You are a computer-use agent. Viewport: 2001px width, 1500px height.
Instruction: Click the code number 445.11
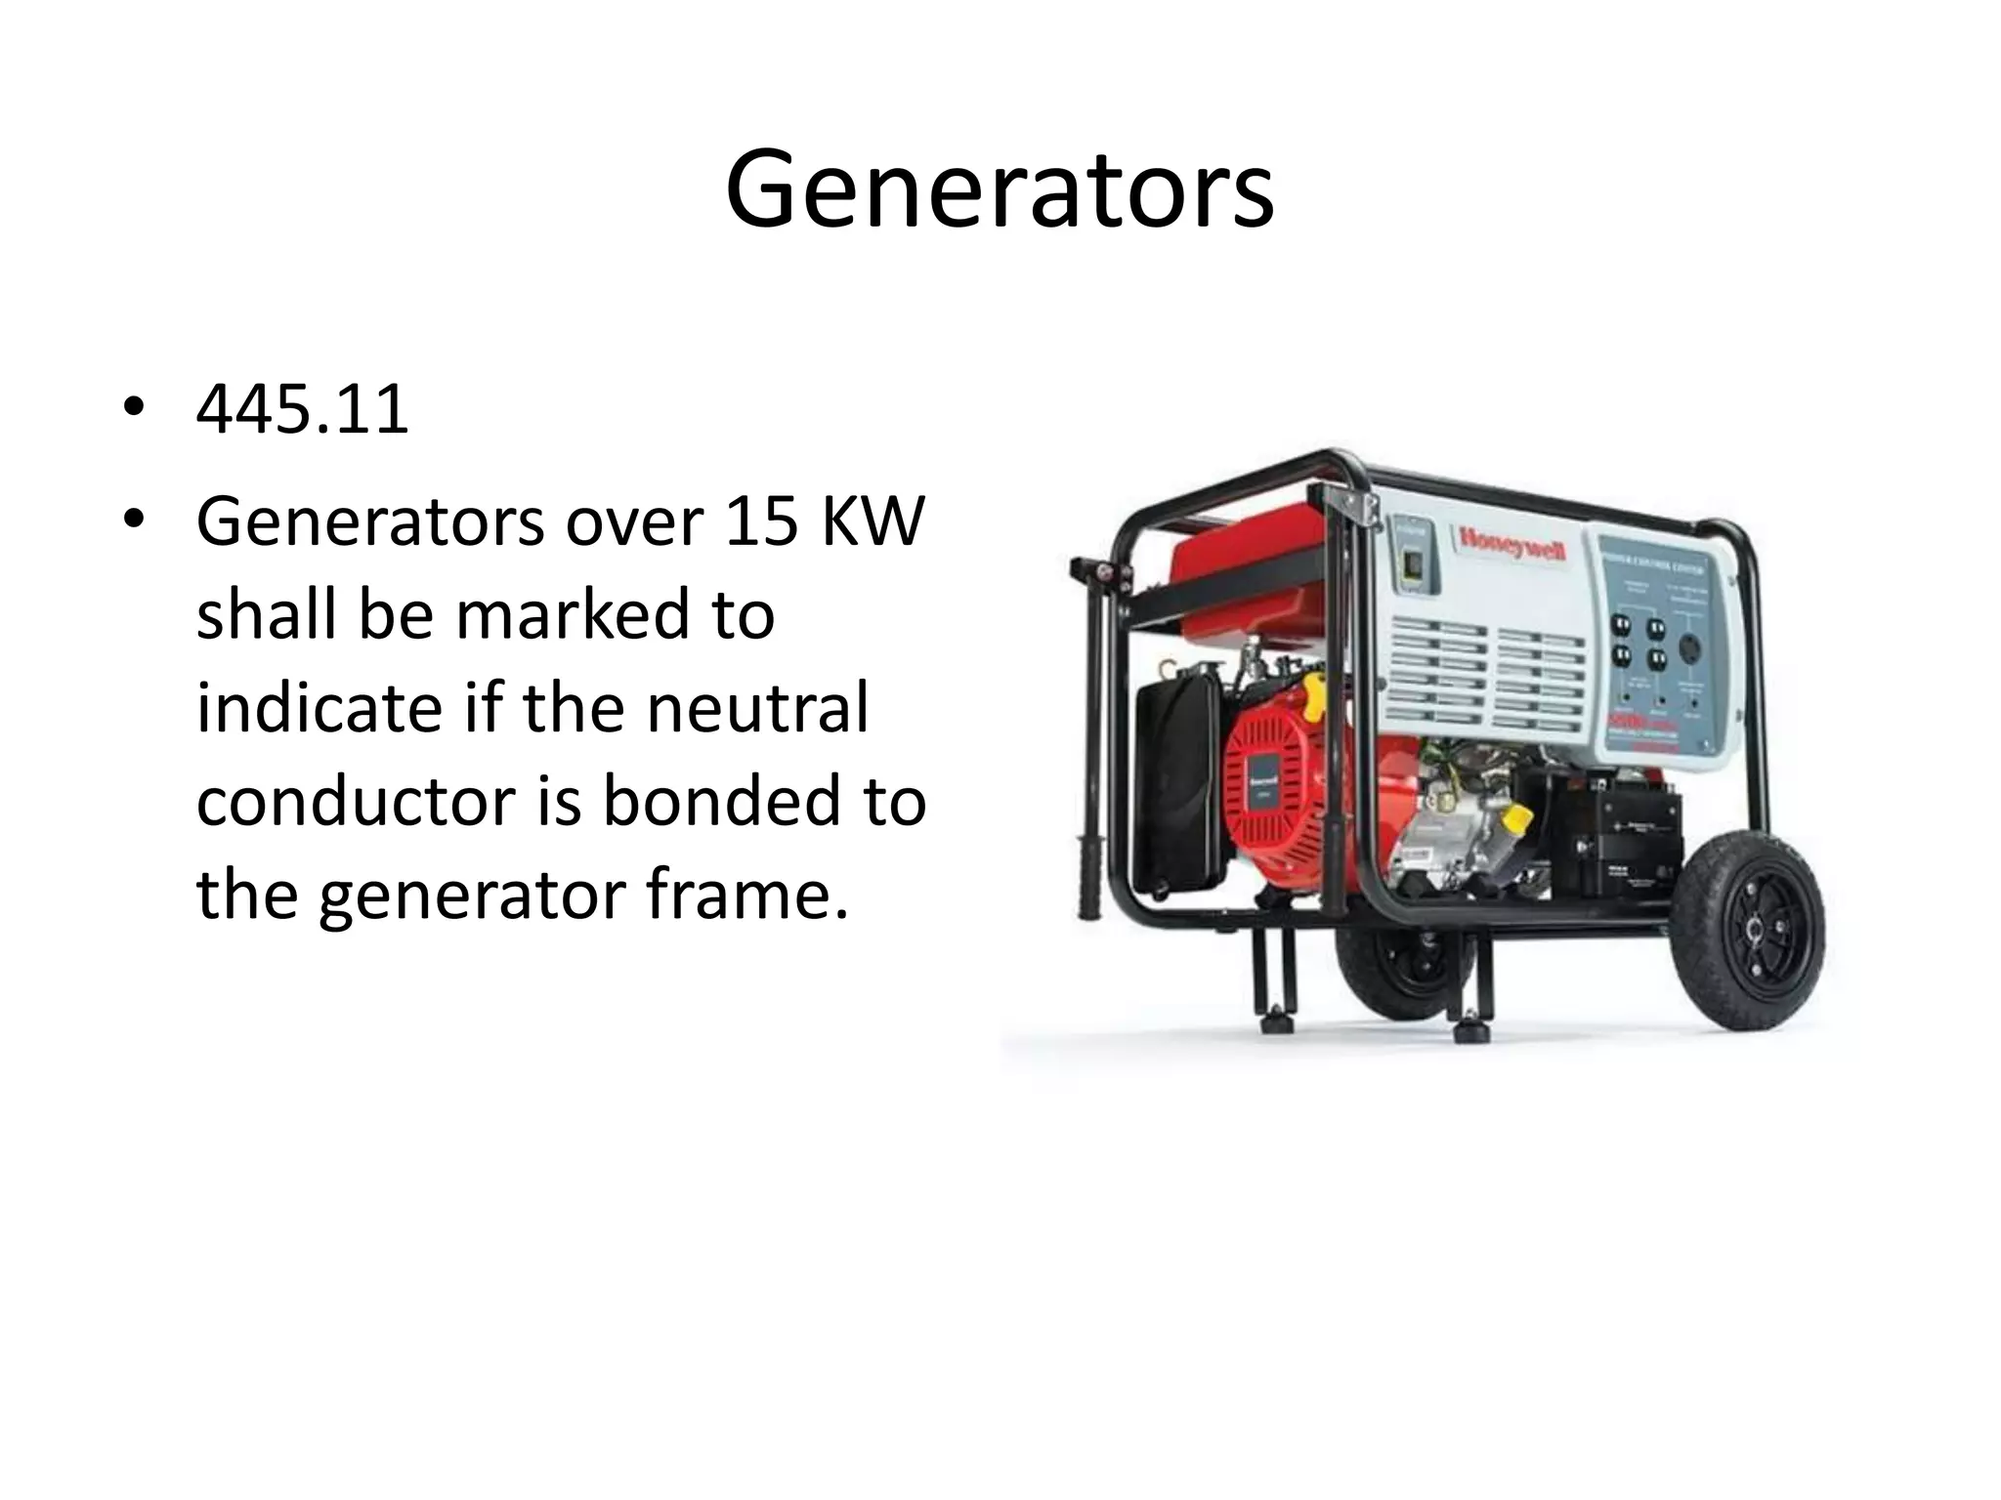pos(302,410)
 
